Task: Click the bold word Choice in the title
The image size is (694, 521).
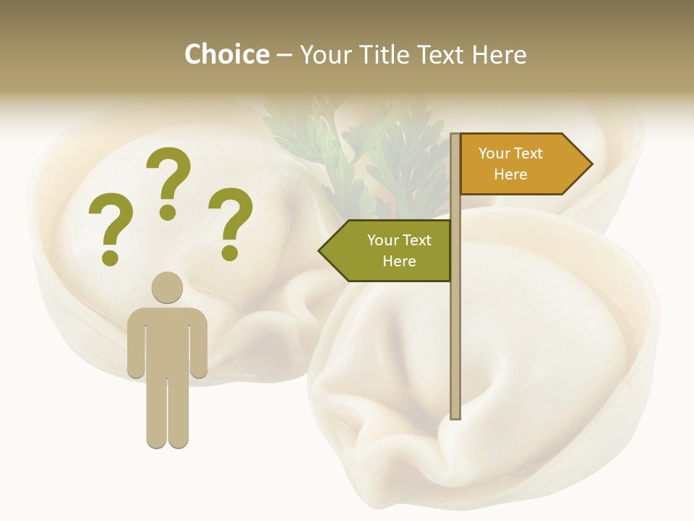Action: pos(226,54)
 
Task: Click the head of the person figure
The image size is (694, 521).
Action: pos(167,287)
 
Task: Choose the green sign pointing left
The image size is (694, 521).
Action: pos(390,250)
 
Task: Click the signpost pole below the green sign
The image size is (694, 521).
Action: pos(455,347)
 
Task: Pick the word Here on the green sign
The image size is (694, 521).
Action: pos(399,261)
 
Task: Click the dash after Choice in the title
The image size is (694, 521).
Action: pos(284,55)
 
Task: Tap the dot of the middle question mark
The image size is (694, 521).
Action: pos(168,212)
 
